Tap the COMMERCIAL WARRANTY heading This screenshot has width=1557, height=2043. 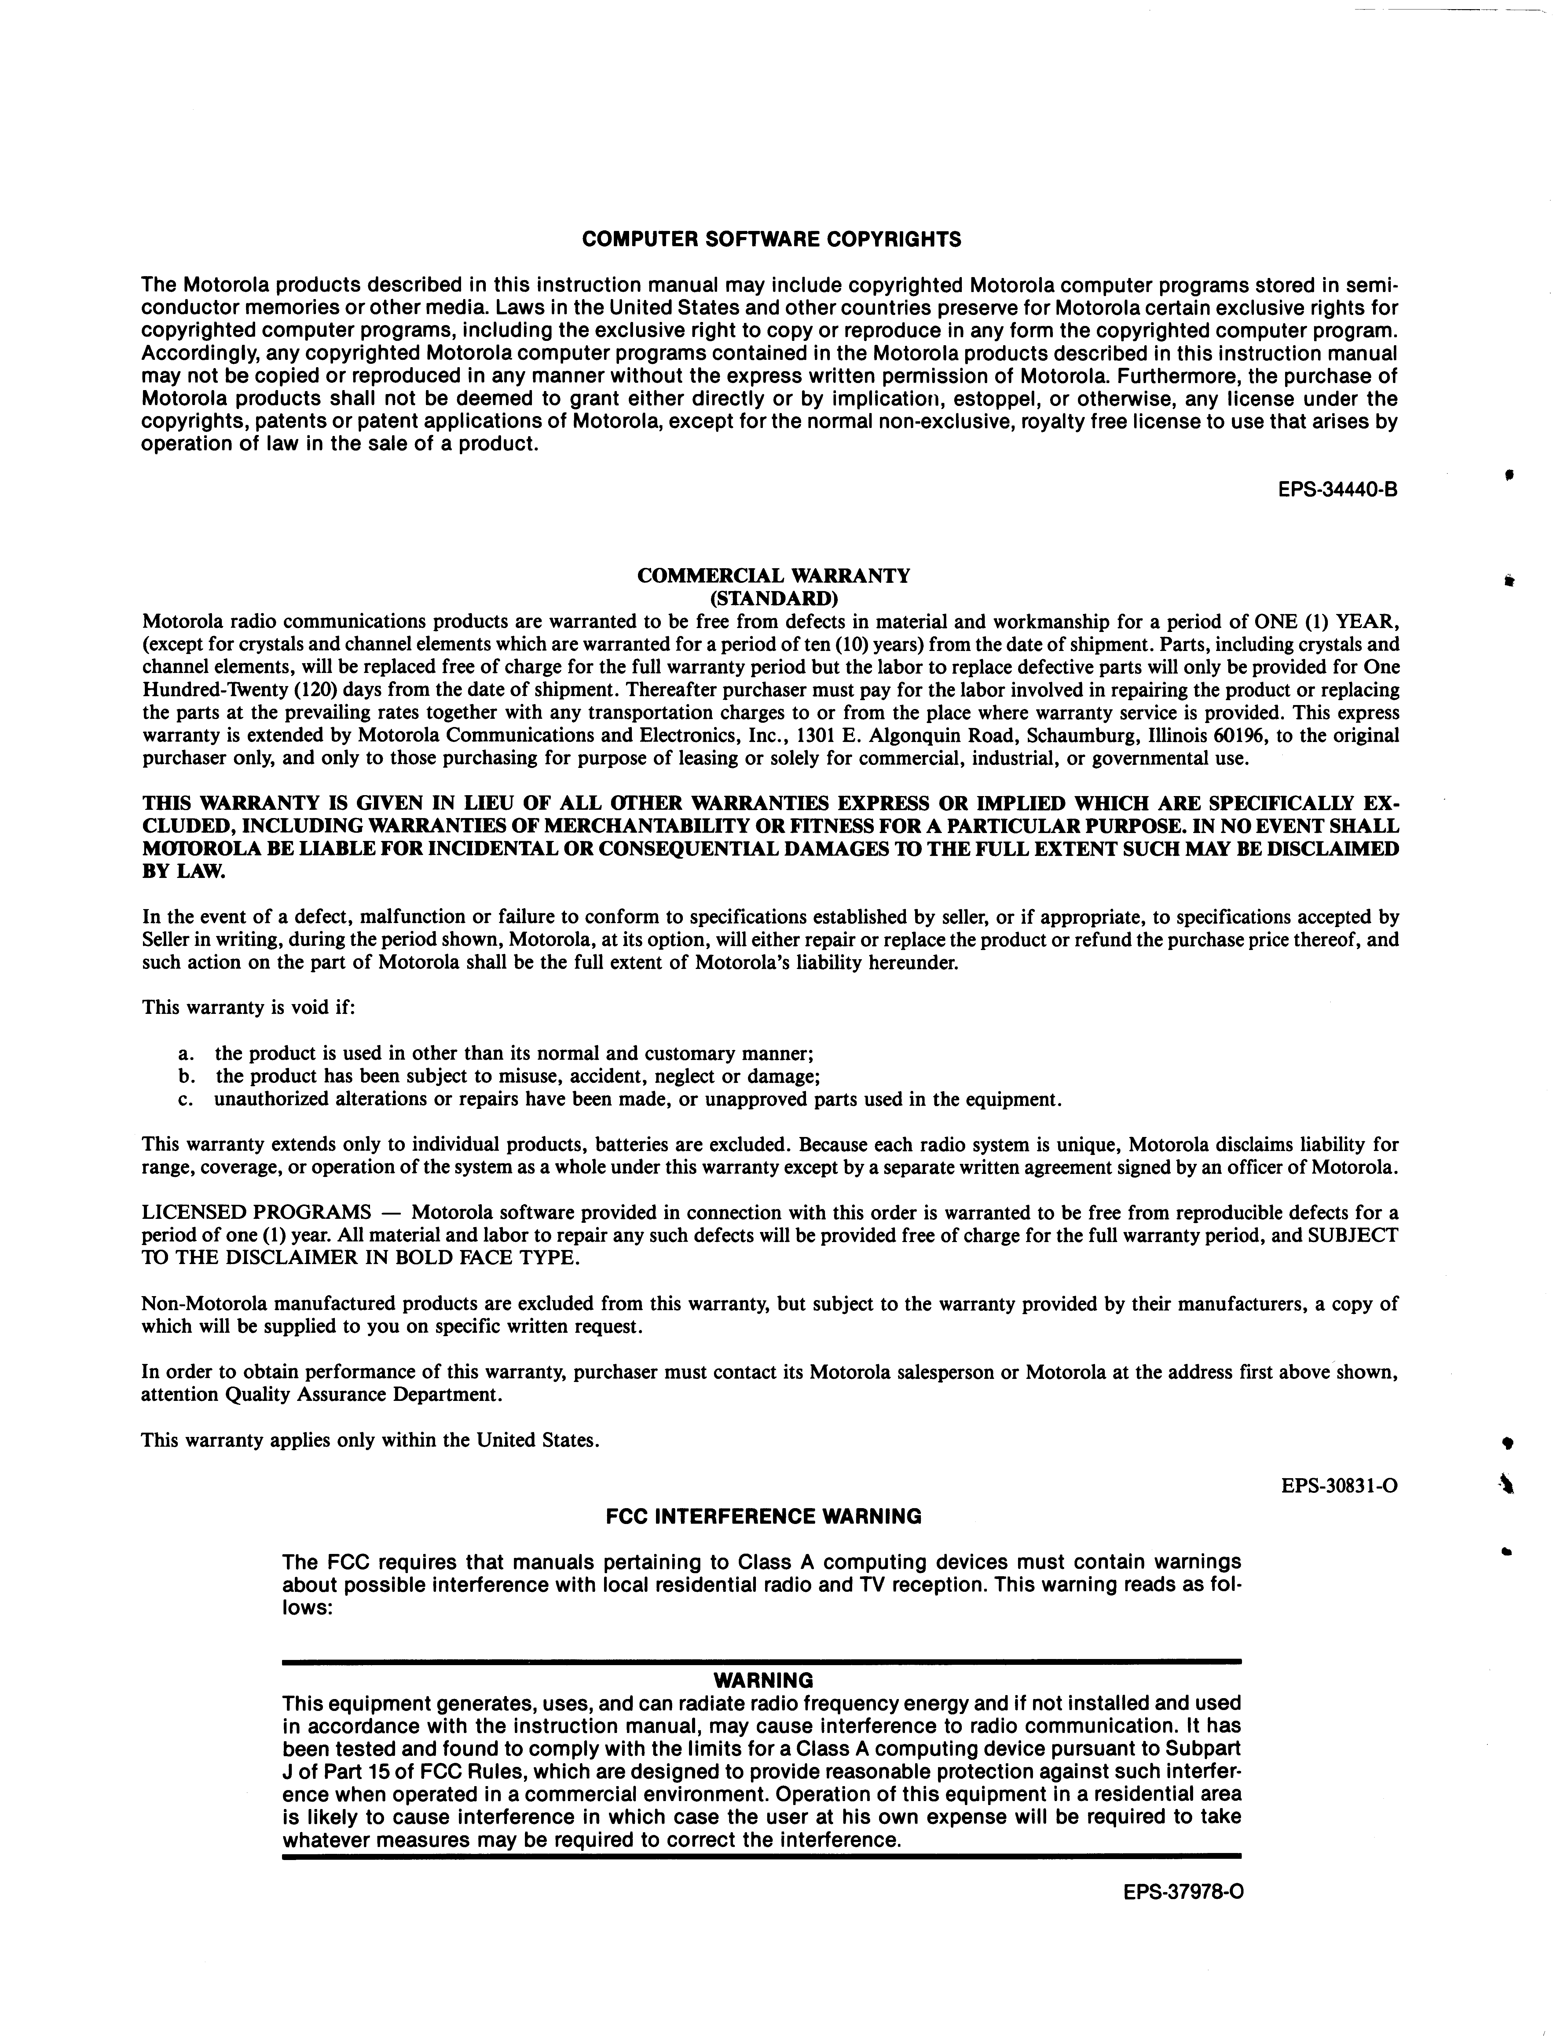coord(774,576)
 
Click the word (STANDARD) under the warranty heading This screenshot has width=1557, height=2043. coord(774,598)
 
